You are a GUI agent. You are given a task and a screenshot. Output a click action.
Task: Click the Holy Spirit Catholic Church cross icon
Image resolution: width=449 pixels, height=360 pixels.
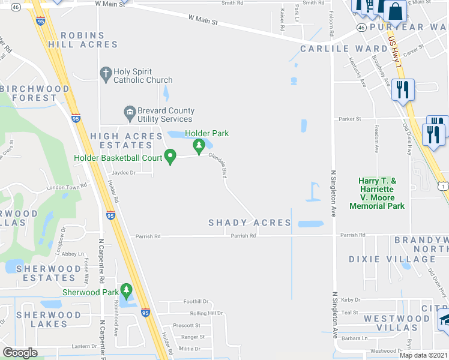coord(106,74)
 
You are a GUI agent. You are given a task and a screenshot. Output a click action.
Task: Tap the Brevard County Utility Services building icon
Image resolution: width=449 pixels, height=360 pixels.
coord(129,112)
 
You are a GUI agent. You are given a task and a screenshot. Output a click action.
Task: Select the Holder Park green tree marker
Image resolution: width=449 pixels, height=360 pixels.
coord(198,146)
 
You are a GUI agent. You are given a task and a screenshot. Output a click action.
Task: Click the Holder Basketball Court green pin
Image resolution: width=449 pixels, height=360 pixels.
coord(170,157)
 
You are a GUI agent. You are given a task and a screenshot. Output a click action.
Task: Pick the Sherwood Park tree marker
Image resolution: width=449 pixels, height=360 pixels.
coord(126,291)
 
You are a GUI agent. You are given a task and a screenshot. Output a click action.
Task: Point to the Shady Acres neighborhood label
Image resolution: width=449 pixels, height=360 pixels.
coord(249,223)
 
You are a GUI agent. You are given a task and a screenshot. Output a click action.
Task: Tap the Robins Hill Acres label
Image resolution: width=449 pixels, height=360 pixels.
coord(89,40)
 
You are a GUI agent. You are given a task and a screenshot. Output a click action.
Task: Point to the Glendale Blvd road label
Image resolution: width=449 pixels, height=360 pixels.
coord(217,164)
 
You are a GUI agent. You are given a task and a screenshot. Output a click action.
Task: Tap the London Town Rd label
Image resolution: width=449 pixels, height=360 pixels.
coord(67,187)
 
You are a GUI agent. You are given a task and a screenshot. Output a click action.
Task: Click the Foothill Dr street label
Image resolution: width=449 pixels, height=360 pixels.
coord(195,302)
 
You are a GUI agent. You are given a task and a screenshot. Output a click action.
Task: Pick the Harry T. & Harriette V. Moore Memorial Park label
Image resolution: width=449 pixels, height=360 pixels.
coord(381,193)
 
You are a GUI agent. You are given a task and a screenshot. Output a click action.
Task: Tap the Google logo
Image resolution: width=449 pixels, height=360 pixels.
coord(20,353)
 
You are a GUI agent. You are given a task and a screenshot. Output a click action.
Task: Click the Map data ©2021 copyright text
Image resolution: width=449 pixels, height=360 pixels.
coord(423,355)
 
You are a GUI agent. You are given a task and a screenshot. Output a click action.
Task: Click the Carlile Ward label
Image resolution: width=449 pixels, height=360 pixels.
coord(343,49)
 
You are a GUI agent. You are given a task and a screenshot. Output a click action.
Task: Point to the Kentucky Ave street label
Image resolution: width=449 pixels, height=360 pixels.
coord(358,72)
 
